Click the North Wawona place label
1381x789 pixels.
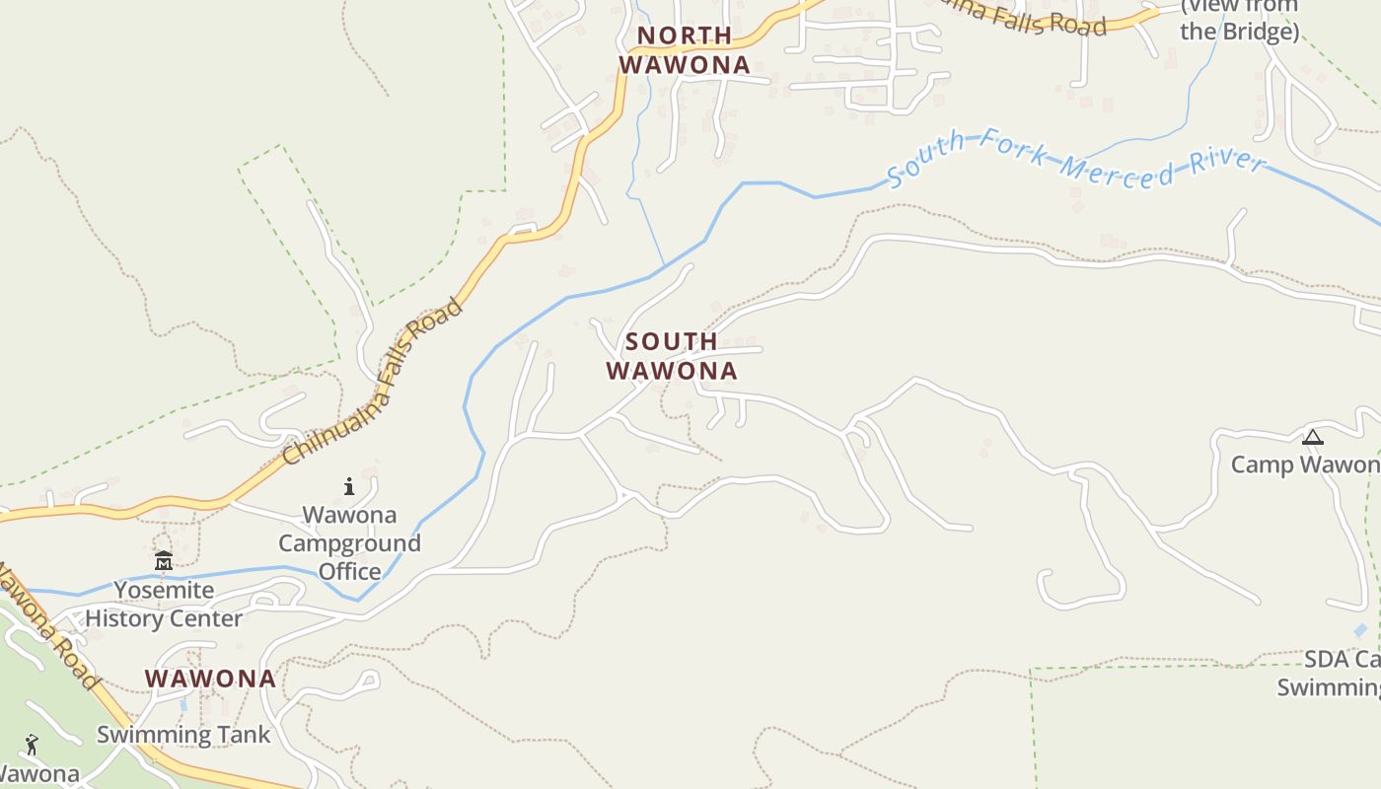[x=685, y=50]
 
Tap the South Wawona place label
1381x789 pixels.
[x=672, y=356]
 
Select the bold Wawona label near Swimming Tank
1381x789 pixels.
[x=210, y=679]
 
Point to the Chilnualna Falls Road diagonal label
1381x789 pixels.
[x=372, y=382]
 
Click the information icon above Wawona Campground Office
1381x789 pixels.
[x=349, y=486]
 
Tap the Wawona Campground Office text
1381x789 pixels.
[x=349, y=542]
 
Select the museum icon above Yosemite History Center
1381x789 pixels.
[x=164, y=561]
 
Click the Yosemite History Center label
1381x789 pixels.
[x=164, y=605]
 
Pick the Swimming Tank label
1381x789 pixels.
[x=183, y=735]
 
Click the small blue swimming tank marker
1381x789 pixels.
[x=183, y=706]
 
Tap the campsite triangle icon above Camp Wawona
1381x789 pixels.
[x=1313, y=437]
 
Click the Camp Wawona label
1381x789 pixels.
[x=1305, y=465]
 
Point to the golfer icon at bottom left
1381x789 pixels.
[x=32, y=745]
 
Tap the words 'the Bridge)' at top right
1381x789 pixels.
[x=1240, y=32]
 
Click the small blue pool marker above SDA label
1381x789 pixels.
[x=1361, y=630]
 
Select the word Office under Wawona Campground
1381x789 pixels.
[x=349, y=571]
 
